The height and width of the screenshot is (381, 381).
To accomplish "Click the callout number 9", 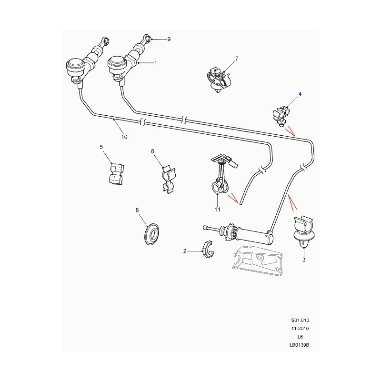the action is [169, 39].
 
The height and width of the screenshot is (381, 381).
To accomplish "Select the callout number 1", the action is [156, 63].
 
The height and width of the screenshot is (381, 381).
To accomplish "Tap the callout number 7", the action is [237, 59].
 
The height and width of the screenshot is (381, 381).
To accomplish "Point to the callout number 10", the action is [124, 137].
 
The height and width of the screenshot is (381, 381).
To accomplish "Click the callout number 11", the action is [217, 210].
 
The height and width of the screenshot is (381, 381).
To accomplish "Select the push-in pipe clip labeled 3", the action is [304, 231].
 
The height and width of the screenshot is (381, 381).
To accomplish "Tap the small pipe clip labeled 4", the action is [281, 116].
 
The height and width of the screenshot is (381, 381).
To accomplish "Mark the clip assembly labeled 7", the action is [219, 80].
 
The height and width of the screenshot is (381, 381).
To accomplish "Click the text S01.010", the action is [300, 320].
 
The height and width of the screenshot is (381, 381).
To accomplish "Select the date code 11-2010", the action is [300, 329].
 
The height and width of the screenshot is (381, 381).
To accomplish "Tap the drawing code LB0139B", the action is [300, 345].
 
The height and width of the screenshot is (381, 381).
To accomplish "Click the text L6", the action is [300, 337].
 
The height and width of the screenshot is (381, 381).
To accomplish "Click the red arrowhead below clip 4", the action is [291, 131].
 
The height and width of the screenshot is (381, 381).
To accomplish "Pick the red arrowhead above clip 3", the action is [292, 202].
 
